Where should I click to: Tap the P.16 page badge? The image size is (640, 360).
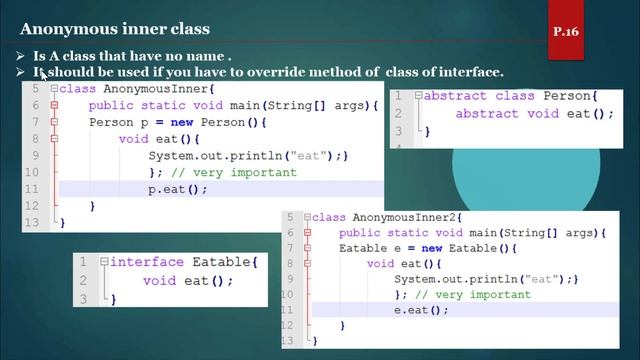[565, 32]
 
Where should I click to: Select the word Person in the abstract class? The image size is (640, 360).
[567, 96]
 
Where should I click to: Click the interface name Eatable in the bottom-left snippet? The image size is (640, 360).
[220, 262]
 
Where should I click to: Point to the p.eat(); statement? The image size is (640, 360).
[178, 189]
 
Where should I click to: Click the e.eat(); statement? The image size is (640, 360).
[421, 310]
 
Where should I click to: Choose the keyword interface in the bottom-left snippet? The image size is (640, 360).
[146, 262]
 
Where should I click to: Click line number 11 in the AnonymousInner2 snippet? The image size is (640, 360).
[290, 310]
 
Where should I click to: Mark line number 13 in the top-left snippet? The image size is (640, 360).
[31, 223]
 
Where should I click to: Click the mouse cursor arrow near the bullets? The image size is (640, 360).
[43, 72]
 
